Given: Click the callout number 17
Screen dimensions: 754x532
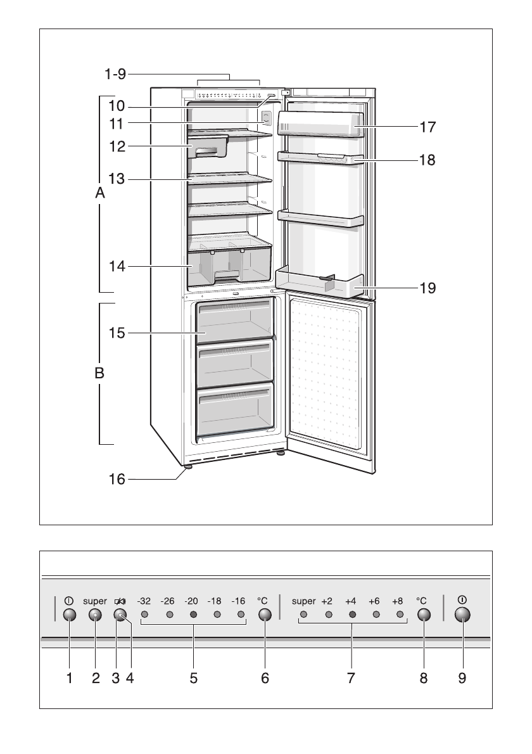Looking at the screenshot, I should tap(427, 127).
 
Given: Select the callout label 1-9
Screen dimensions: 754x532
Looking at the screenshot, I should tap(115, 74).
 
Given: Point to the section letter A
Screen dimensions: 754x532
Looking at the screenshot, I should tap(99, 195).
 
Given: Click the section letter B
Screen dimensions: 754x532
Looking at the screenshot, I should tap(99, 374).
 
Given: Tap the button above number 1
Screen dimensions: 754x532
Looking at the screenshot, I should tap(70, 615).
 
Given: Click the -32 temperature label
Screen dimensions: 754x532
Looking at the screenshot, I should tap(144, 601).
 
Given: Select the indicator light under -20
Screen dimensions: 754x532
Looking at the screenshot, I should tap(193, 615).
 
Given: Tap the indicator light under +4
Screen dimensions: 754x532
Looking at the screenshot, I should tap(352, 615).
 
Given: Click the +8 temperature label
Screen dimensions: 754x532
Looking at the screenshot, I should tap(397, 601).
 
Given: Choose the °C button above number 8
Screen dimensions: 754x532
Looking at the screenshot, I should tap(424, 615).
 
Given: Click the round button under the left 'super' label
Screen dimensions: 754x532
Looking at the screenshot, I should tap(95, 615).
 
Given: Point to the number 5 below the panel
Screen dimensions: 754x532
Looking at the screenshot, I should tap(193, 678).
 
